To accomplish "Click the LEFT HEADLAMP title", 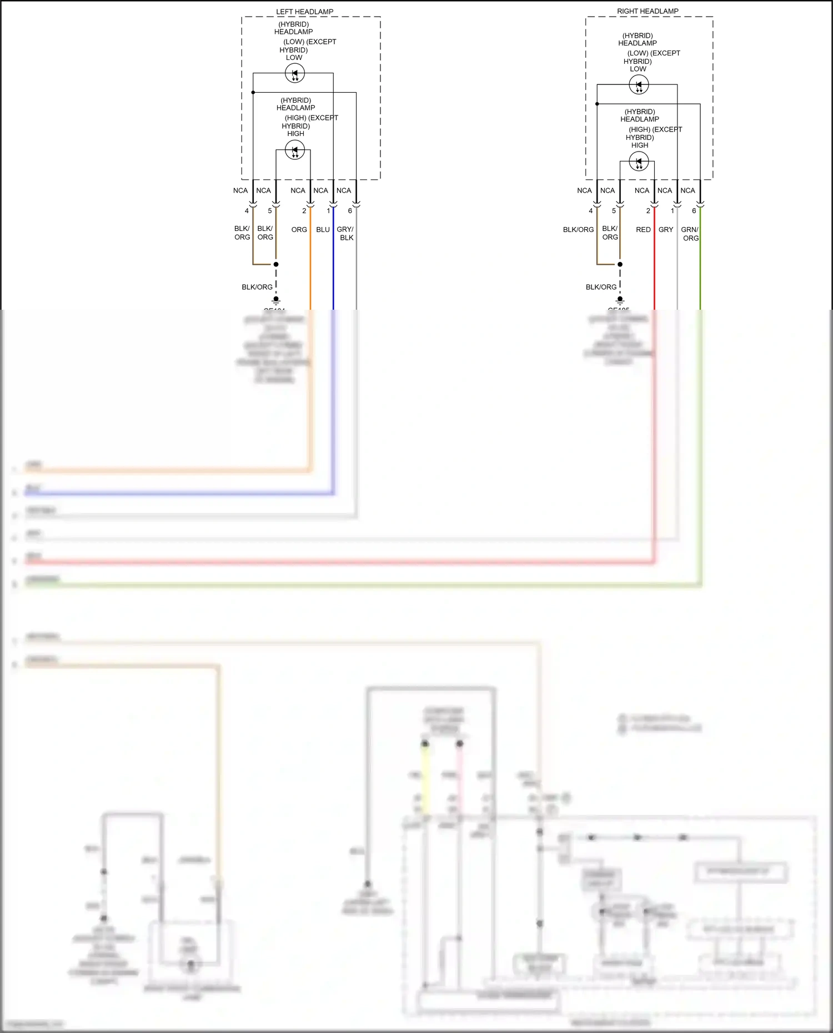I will tap(304, 12).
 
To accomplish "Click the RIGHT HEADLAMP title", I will tap(648, 11).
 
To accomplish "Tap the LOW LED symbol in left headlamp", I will tap(295, 73).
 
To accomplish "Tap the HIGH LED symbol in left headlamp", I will tap(295, 150).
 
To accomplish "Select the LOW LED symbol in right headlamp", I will tap(639, 85).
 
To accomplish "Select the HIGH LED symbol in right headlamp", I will tap(639, 162).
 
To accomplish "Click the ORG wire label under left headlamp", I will tap(299, 230).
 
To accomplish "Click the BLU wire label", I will tap(323, 230).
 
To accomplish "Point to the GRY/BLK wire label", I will tap(345, 234).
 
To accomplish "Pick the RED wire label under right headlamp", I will tap(643, 230).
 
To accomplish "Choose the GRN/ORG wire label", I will tap(690, 234).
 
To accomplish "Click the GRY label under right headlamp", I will tap(666, 230).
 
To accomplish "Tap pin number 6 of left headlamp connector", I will tap(350, 211).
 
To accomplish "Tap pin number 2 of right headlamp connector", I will tap(648, 211).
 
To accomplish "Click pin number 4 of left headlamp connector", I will tap(247, 211).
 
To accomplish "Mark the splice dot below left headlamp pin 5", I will tap(276, 264).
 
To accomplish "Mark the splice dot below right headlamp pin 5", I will tap(620, 264).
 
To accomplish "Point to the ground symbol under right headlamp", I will tap(620, 300).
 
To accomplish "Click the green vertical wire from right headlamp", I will tap(700, 266).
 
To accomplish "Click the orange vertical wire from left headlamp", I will tap(310, 266).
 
